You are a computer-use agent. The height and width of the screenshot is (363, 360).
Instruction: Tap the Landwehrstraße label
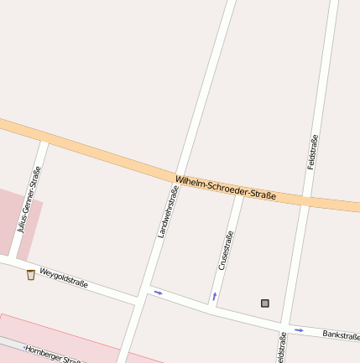[169, 212]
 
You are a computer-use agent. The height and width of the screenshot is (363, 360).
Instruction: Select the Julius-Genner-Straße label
[29, 199]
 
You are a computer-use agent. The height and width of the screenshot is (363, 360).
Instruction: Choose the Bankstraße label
[341, 335]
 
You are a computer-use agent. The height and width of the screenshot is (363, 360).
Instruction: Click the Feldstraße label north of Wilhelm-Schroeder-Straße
[314, 153]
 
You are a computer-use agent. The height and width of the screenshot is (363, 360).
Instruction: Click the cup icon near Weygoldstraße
[31, 274]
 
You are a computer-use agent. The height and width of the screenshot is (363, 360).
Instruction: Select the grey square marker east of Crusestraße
[265, 303]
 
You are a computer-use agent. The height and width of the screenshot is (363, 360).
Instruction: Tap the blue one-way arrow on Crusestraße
[214, 296]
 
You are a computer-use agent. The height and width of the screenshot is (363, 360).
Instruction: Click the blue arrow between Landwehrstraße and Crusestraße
[158, 293]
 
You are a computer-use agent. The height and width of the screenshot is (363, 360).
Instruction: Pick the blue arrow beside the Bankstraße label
[298, 329]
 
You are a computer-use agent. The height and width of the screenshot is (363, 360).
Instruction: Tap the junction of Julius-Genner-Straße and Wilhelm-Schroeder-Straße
[44, 138]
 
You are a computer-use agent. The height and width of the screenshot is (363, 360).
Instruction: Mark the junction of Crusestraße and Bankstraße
[211, 307]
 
